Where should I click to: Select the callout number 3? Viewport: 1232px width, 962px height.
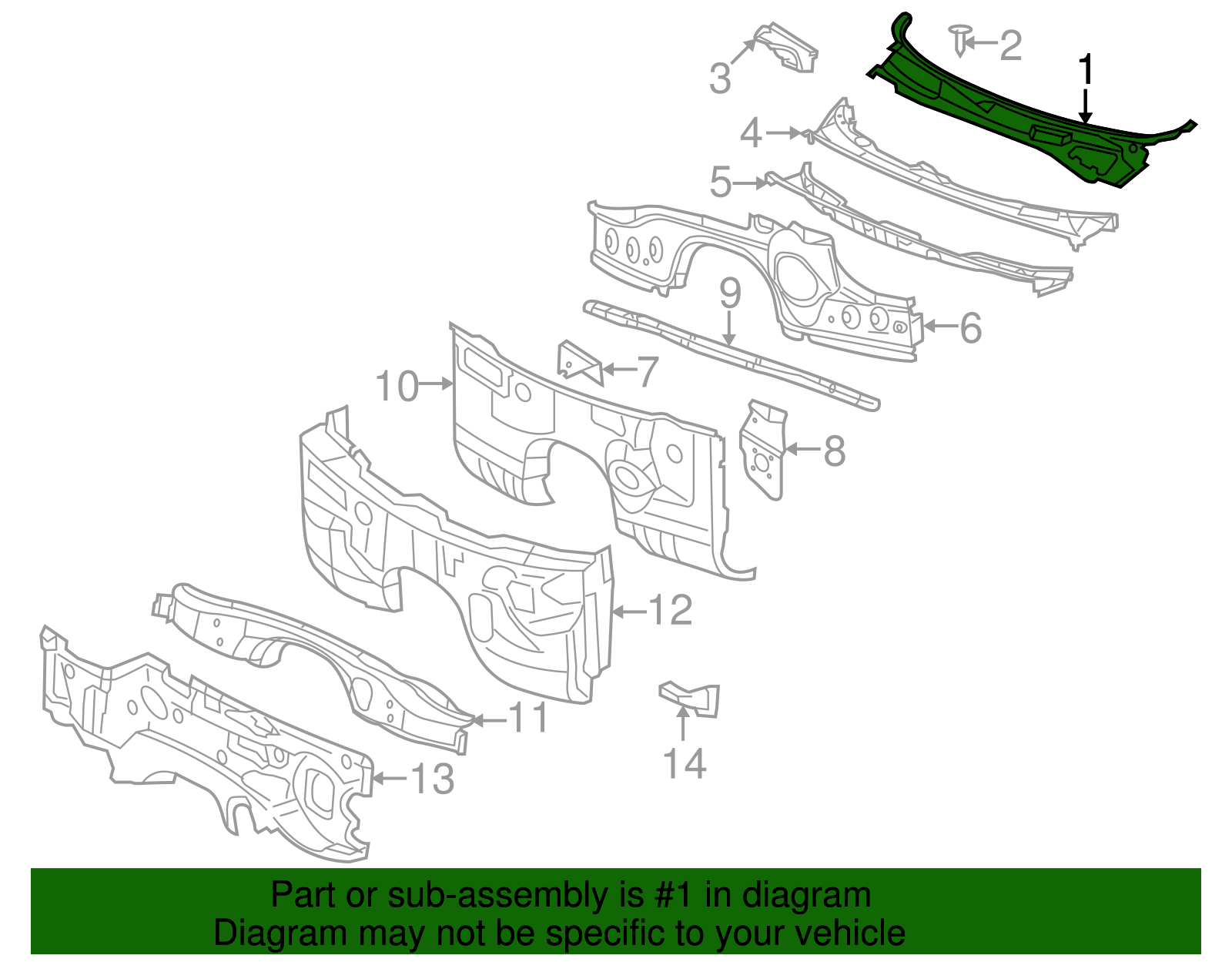[720, 79]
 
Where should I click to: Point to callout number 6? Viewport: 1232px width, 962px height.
[971, 327]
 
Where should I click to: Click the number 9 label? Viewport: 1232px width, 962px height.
[730, 294]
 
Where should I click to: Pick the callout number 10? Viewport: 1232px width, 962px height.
[397, 386]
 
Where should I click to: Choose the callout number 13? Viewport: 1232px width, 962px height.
[432, 779]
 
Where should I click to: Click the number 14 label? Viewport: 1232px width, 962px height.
[684, 763]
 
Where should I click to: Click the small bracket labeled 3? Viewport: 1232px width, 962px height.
[785, 48]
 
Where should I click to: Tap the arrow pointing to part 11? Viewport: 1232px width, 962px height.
[488, 720]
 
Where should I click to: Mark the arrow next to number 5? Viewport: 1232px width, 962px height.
[750, 183]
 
